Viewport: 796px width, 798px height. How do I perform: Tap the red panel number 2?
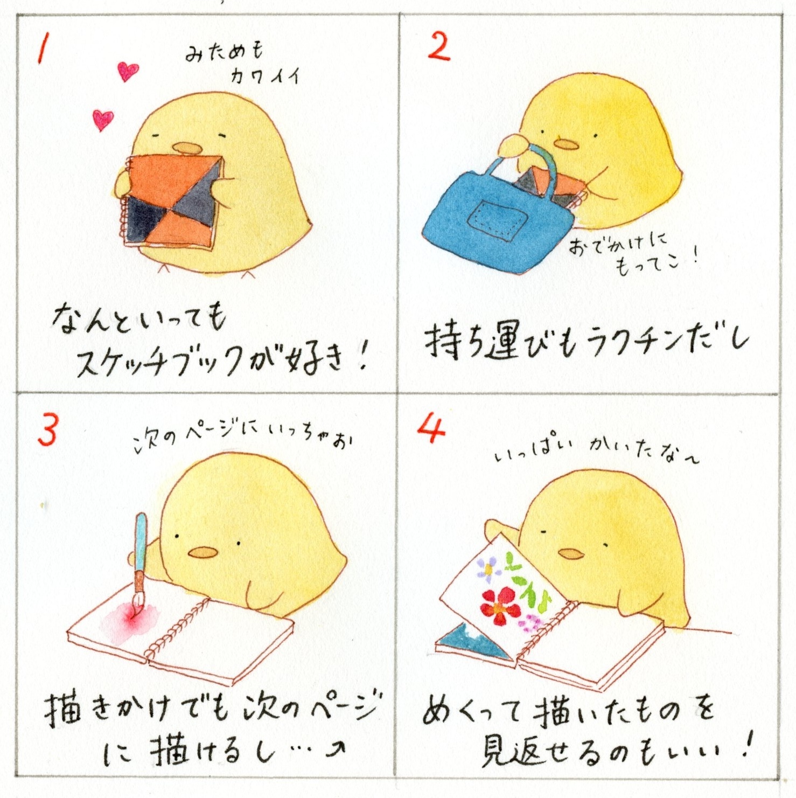438,46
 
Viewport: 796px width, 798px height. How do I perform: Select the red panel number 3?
47,431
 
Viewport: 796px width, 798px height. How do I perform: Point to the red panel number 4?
431,430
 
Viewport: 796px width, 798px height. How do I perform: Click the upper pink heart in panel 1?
128,71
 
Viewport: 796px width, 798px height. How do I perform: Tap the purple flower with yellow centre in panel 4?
488,568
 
